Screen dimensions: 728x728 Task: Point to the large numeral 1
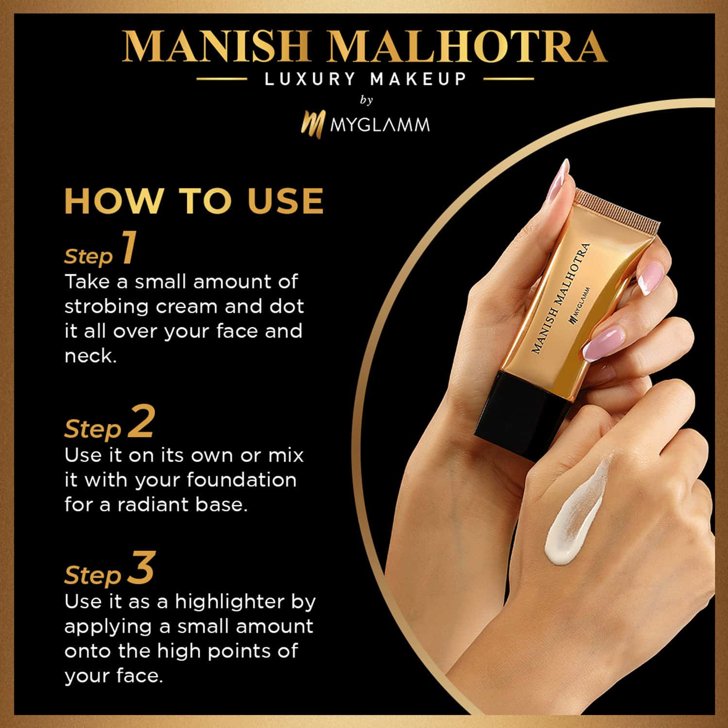click(128, 248)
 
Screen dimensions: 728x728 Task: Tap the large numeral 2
click(141, 422)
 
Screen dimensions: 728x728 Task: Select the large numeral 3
click(141, 568)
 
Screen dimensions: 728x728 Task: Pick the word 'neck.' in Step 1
click(91, 357)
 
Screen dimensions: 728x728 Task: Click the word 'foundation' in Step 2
click(241, 480)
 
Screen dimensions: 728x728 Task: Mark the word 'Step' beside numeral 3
click(92, 575)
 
